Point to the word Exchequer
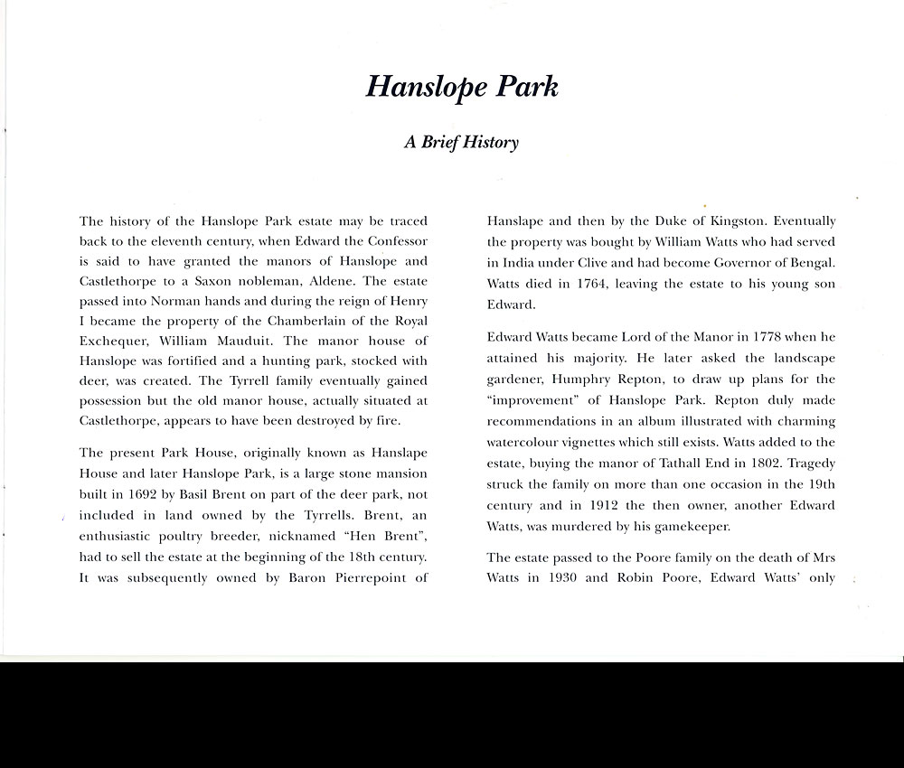(117, 342)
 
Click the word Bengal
(813, 262)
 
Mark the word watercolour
(526, 442)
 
